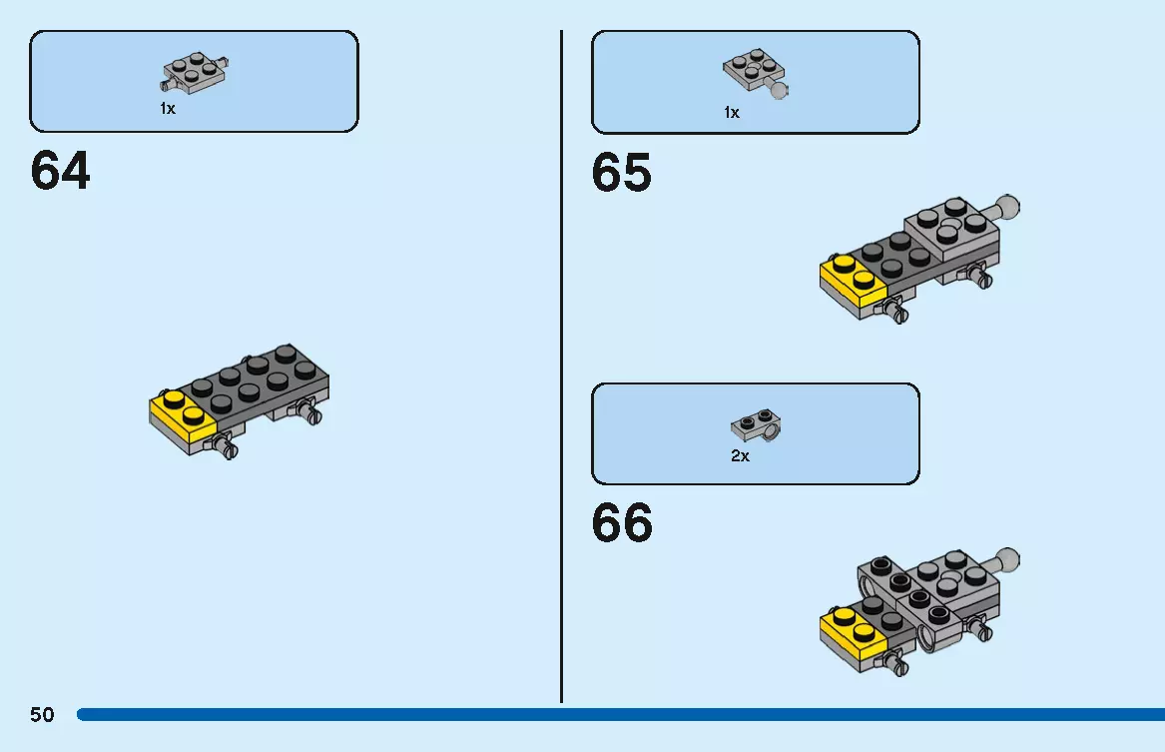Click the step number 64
click(x=60, y=171)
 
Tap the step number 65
click(x=622, y=173)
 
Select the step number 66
click(x=622, y=522)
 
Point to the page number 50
click(x=42, y=715)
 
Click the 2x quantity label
click(x=740, y=456)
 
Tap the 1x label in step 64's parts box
click(x=168, y=109)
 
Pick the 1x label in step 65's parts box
click(x=732, y=113)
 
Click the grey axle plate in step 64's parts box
click(x=195, y=73)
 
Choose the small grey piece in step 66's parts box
click(x=756, y=425)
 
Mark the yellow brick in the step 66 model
click(x=854, y=632)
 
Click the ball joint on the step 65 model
click(x=1007, y=207)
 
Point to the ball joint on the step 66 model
click(x=1007, y=559)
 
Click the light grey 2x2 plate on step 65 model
click(x=952, y=228)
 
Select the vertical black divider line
click(x=562, y=367)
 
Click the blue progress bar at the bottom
click(x=620, y=714)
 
